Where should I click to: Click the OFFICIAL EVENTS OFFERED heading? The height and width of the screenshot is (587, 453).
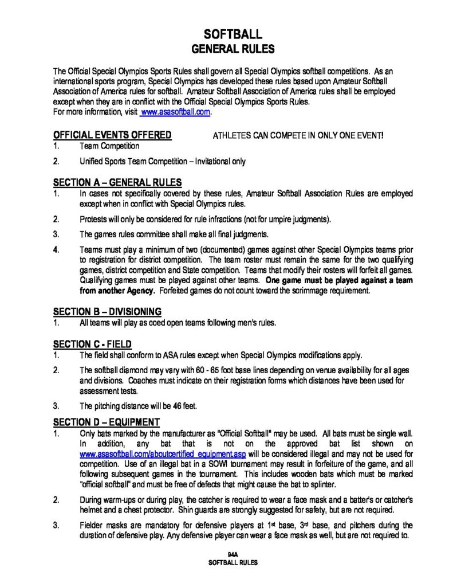112,135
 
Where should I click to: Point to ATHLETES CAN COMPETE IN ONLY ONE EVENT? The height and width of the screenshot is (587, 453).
298,136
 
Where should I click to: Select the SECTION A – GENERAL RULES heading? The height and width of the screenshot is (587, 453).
117,183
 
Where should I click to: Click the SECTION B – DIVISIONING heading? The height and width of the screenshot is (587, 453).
107,311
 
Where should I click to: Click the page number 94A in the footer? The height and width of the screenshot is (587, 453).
232,555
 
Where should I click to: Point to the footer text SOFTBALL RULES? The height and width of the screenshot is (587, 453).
232,563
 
